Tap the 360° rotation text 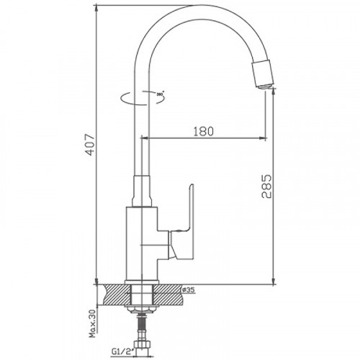pos(161,94)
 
